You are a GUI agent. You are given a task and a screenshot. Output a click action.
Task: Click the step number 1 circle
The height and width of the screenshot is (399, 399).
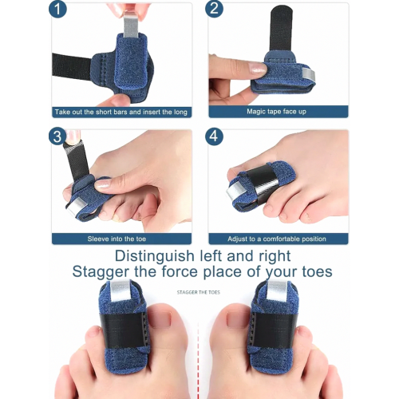coord(57,10)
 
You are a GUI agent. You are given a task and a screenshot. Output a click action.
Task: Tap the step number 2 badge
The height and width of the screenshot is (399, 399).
coord(214,10)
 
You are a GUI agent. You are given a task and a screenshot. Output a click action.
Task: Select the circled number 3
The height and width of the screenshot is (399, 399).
coord(57,136)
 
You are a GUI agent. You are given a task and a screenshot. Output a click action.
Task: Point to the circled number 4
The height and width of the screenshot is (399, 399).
coord(214,136)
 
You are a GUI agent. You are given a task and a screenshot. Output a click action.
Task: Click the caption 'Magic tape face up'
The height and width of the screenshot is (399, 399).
coord(276,112)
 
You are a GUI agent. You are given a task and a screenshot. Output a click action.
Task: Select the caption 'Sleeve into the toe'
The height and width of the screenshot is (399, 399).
coord(117,239)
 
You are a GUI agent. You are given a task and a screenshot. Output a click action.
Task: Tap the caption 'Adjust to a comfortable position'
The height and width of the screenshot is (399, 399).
coord(277,239)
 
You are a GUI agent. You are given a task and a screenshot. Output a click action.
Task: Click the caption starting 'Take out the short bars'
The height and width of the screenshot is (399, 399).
coord(121,112)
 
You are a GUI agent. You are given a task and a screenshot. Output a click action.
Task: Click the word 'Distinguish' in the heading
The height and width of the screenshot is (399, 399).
coord(155,256)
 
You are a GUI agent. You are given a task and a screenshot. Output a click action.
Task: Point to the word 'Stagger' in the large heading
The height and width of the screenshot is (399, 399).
coord(101,272)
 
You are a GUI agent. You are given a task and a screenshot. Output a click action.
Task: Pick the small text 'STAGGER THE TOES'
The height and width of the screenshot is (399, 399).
coord(199,292)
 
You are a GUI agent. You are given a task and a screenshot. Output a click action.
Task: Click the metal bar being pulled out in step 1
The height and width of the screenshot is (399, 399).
coord(131,23)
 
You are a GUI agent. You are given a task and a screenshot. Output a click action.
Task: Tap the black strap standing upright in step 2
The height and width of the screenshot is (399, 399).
coord(281,29)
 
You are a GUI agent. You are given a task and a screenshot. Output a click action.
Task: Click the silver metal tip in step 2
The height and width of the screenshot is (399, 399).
coord(309,73)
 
